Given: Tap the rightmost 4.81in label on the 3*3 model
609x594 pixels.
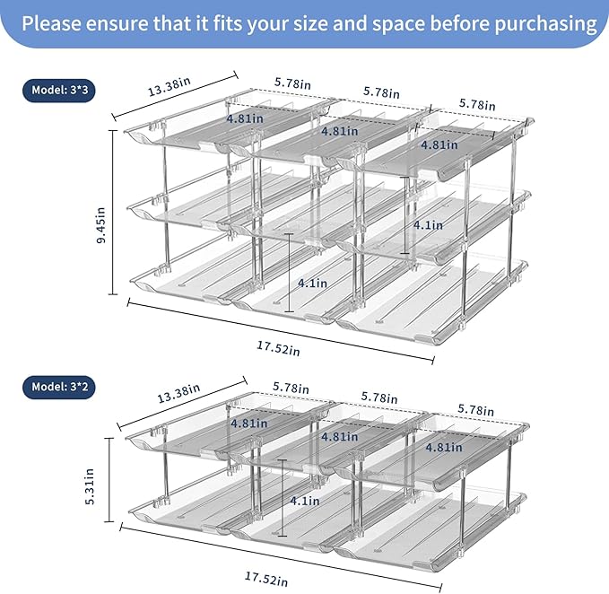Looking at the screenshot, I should click(x=439, y=144).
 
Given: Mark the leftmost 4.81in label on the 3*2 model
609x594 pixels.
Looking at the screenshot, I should click(x=249, y=423).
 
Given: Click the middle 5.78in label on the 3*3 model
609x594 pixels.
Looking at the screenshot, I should click(x=382, y=92).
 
